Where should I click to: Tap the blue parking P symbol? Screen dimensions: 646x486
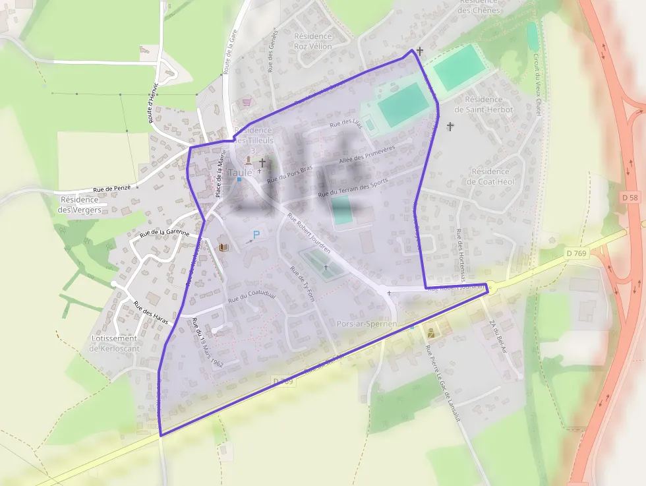[x=256, y=235]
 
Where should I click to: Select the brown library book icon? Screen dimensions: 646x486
[x=223, y=247]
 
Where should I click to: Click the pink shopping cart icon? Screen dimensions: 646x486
[x=247, y=102]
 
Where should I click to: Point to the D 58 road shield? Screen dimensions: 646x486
[x=629, y=197]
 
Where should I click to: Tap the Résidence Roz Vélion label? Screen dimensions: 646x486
[x=313, y=41]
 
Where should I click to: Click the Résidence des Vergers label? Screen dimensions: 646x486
[x=80, y=204]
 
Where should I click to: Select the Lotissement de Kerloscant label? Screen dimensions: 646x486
[x=113, y=343]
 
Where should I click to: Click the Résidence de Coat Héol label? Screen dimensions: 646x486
[x=490, y=176]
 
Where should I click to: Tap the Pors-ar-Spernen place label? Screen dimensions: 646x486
[x=367, y=324]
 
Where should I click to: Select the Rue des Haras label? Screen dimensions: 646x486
[x=150, y=313]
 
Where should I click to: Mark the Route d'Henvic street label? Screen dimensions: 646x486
[x=154, y=104]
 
